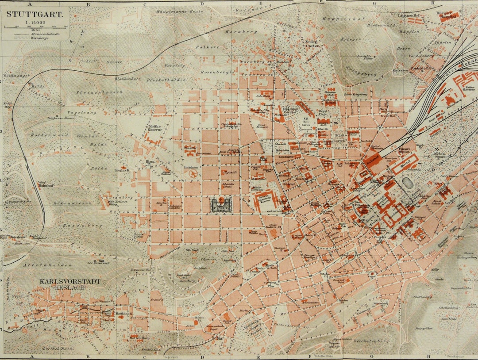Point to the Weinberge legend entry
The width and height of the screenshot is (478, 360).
(39, 38)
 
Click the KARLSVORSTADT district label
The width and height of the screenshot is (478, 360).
(70, 281)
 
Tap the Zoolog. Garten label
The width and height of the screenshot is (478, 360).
(312, 44)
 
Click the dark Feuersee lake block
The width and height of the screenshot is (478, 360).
(221, 204)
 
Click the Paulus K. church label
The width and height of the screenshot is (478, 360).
(122, 169)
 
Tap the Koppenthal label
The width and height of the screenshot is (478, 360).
(337, 19)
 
